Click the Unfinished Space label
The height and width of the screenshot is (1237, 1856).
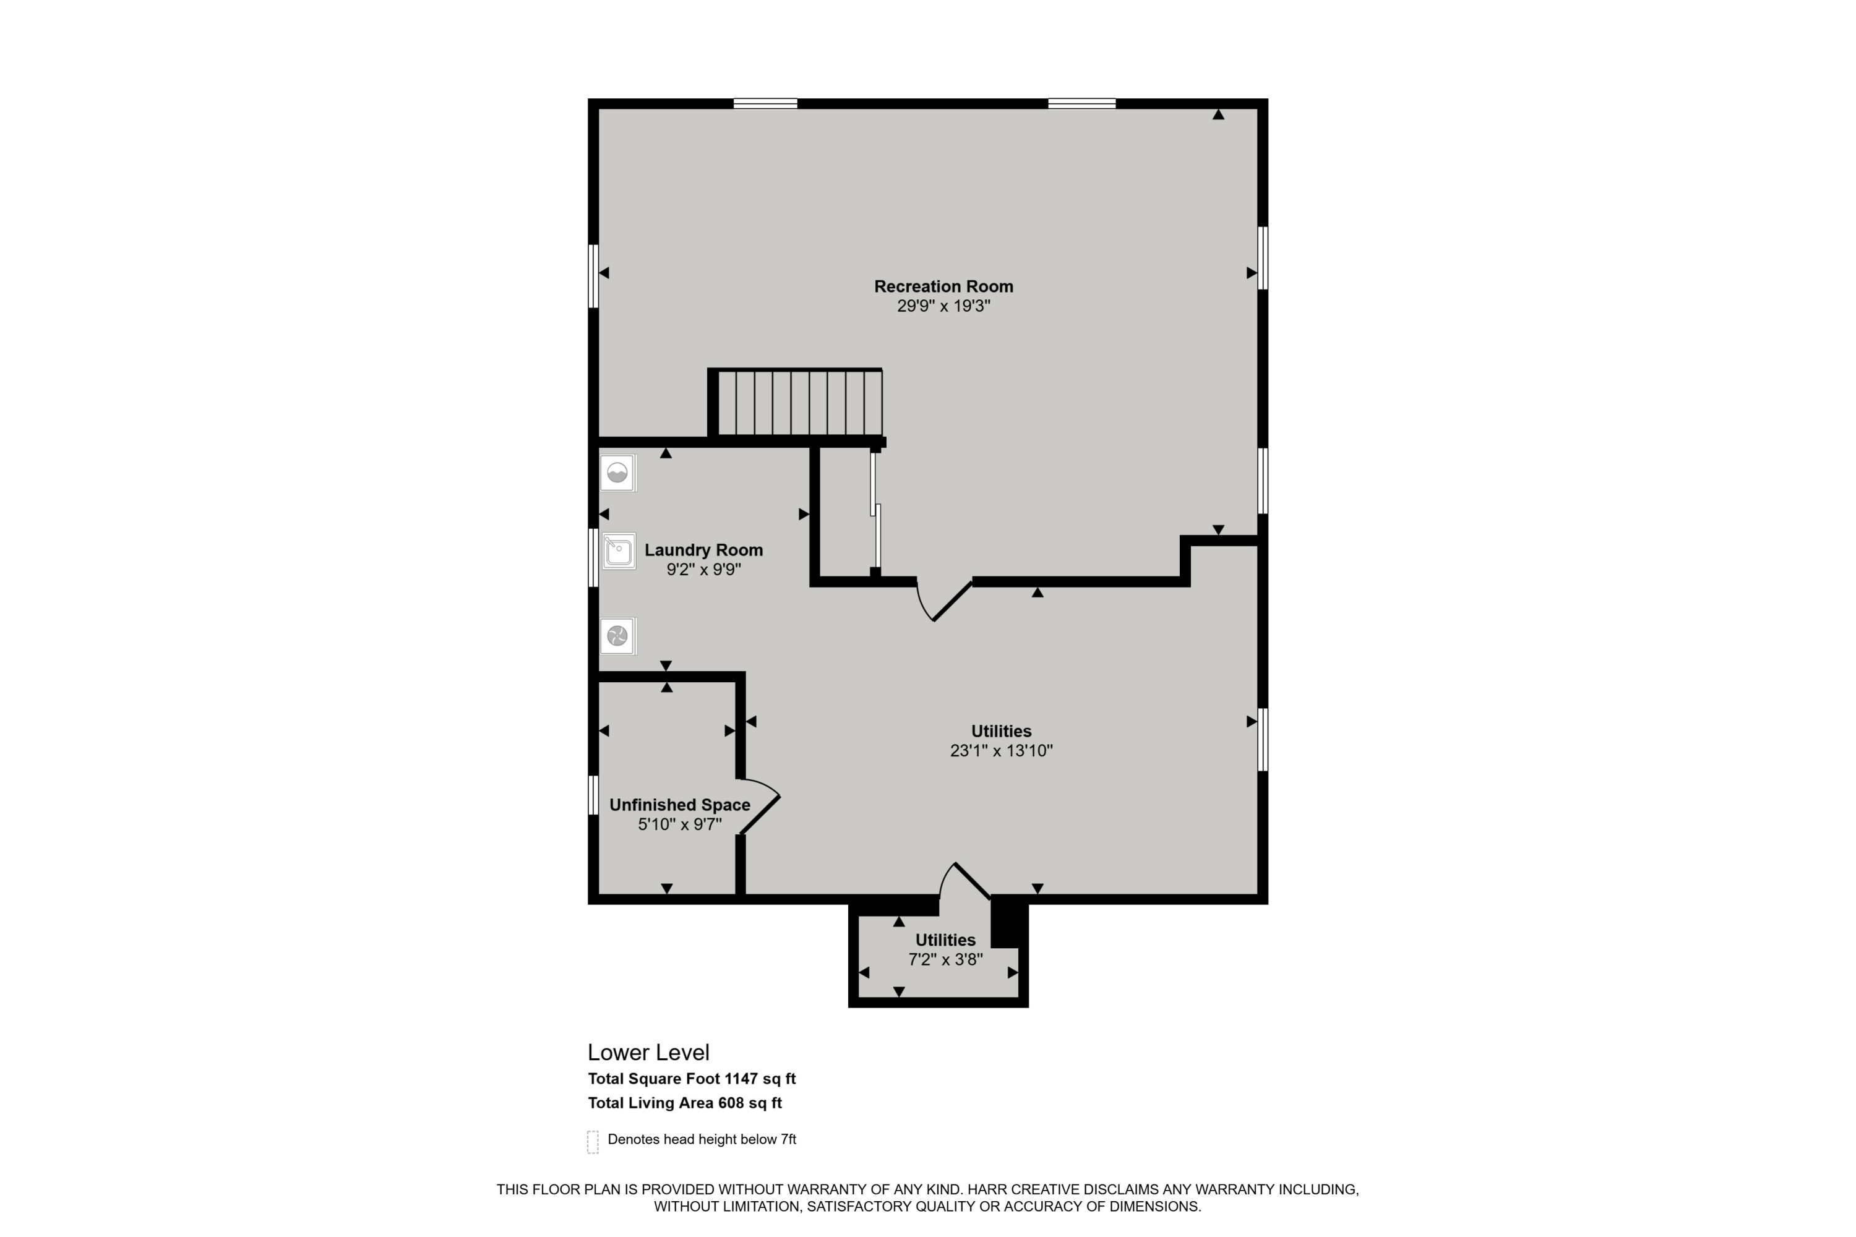(x=679, y=805)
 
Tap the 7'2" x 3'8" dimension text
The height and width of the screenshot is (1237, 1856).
(x=945, y=959)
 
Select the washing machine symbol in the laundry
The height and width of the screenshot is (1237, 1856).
(x=617, y=473)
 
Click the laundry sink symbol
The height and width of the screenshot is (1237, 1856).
(x=619, y=550)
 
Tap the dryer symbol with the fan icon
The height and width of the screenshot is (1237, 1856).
(x=617, y=636)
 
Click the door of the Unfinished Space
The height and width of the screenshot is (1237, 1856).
(x=760, y=814)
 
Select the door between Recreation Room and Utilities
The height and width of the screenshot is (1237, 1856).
(x=951, y=601)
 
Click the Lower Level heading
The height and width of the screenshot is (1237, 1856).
(x=648, y=1053)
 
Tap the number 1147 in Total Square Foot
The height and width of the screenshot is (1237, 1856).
(x=741, y=1079)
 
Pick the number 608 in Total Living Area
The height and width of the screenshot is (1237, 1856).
(x=731, y=1103)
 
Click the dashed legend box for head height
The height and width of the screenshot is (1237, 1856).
(x=593, y=1142)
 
